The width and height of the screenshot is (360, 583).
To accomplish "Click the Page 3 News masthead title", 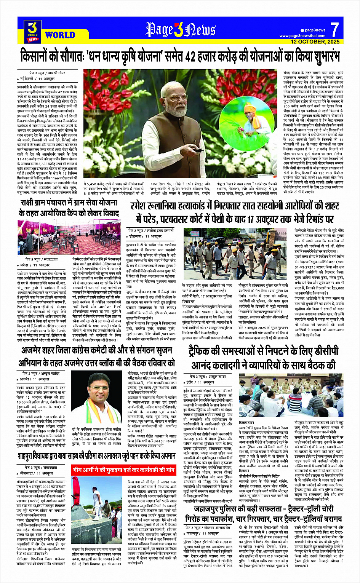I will [x=180, y=29].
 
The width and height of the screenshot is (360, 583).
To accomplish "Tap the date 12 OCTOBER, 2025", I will [x=315, y=42].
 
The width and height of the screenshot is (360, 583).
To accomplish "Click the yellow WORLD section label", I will [x=60, y=35].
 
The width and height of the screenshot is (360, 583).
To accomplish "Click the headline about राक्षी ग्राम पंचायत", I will [x=69, y=208].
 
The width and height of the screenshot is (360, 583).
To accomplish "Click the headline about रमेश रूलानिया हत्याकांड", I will [x=235, y=212].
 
